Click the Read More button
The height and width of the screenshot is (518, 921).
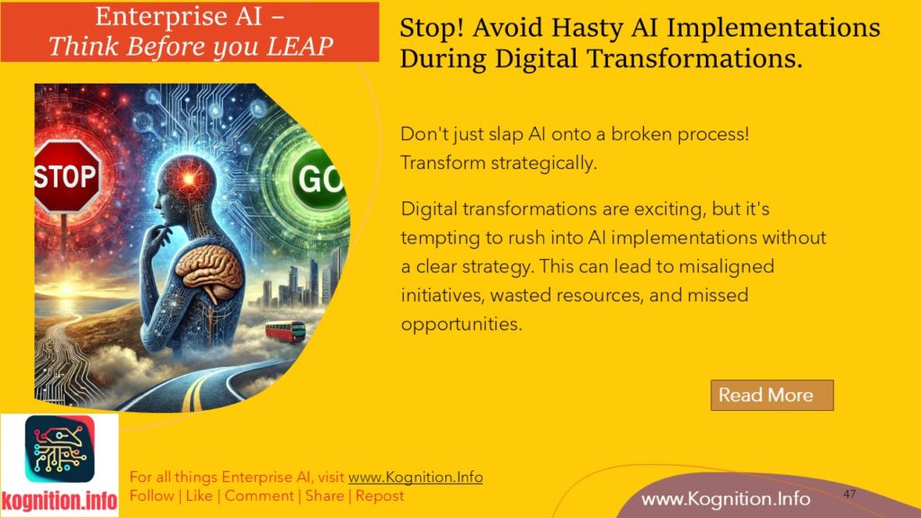click(x=772, y=395)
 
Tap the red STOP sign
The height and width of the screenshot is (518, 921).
click(x=67, y=175)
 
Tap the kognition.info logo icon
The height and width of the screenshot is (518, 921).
click(x=59, y=454)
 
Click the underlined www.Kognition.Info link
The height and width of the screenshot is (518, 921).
click(x=415, y=478)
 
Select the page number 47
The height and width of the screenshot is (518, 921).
click(x=850, y=495)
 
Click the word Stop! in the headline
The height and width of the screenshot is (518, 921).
click(x=428, y=28)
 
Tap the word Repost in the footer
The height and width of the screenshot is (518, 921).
click(x=380, y=496)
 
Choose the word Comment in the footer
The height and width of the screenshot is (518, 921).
click(x=259, y=496)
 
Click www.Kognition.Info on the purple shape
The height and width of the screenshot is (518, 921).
click(x=725, y=499)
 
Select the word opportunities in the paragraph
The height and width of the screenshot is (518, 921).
click(x=461, y=324)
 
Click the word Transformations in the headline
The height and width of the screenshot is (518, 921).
click(x=697, y=59)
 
